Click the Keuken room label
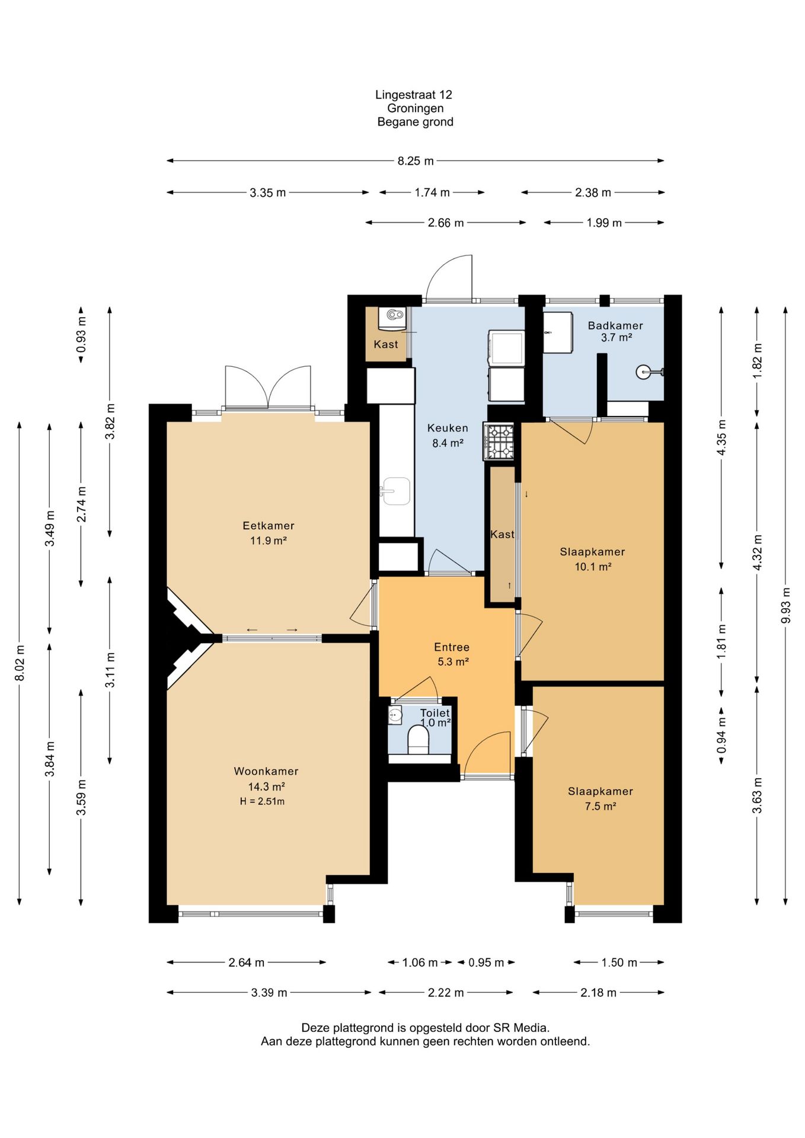coord(448,428)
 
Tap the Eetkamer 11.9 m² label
coord(269,533)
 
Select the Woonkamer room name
coord(266,771)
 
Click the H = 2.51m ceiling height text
coord(262,801)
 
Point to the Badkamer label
coord(615,325)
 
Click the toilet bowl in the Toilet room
coord(419,740)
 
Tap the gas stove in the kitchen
coord(499,442)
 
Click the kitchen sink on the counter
coord(395,491)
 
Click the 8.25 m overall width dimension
coord(416,161)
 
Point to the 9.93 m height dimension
coord(786,605)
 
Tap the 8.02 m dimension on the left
coord(20,663)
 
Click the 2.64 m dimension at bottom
coord(247,963)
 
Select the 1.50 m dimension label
coord(619,963)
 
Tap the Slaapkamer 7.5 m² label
coord(600,798)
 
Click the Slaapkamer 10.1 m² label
coord(593,559)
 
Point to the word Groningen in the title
coord(416,108)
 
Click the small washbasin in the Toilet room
coord(395,715)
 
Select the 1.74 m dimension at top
coord(432,193)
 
